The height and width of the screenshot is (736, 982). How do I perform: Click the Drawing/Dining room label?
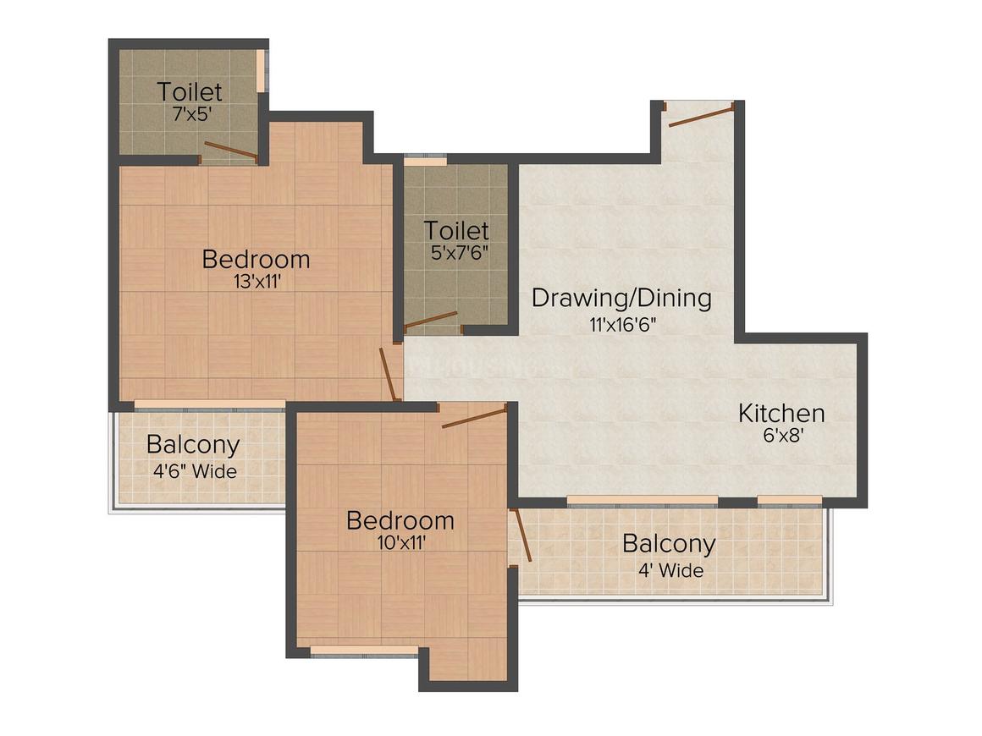pos(621,298)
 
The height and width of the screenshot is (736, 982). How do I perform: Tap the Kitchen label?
pos(781,414)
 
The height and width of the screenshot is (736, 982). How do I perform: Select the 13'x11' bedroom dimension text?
pos(256,282)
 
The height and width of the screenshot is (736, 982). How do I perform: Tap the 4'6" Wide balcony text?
pos(194,470)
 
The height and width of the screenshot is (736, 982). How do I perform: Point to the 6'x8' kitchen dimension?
pos(781,437)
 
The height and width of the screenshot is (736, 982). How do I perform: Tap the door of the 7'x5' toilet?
pos(229,151)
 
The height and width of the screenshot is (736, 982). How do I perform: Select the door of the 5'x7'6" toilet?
pos(431,320)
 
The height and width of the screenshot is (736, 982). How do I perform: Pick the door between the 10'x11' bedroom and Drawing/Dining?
pos(474,416)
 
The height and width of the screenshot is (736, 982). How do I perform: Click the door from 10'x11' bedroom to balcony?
pos(521,535)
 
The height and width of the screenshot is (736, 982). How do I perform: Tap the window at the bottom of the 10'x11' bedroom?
pos(364,651)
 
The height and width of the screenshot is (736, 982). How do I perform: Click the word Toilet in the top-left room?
pos(190,91)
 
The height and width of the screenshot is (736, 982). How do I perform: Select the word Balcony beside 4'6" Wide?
pos(193,444)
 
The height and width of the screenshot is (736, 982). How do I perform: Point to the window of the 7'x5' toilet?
pos(262,69)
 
